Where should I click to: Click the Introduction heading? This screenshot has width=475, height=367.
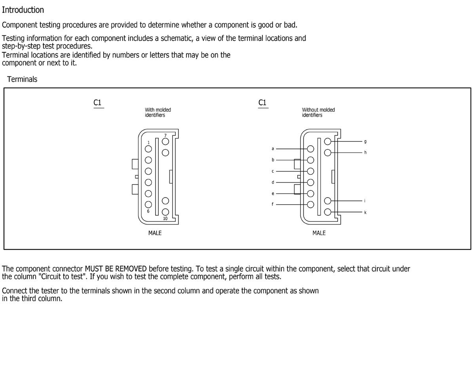[x=23, y=10]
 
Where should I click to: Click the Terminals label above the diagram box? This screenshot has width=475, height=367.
[x=22, y=79]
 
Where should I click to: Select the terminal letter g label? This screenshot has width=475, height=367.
[x=365, y=141]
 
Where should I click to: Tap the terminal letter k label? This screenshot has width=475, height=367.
[x=365, y=213]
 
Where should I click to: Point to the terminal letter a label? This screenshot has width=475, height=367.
[x=272, y=149]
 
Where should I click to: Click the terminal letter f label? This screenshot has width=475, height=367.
[x=272, y=205]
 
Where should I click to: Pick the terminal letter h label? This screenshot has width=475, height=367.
[x=365, y=152]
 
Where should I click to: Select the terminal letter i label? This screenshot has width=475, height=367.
[x=365, y=201]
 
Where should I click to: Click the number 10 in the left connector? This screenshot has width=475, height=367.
[x=165, y=219]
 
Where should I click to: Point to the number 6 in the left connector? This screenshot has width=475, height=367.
[x=148, y=211]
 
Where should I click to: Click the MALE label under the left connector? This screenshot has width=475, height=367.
[x=155, y=233]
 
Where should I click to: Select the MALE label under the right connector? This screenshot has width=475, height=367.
[x=319, y=233]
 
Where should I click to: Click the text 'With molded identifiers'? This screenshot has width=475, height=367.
[x=158, y=112]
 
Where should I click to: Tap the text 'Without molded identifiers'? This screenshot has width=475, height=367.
[x=318, y=112]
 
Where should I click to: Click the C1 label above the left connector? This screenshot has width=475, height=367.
[x=97, y=103]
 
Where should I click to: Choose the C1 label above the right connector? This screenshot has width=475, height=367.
[x=262, y=103]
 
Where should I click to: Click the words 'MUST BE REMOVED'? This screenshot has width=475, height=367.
[x=116, y=269]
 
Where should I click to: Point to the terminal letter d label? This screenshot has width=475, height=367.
[x=272, y=183]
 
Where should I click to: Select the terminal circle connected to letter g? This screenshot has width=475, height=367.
[x=328, y=142]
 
